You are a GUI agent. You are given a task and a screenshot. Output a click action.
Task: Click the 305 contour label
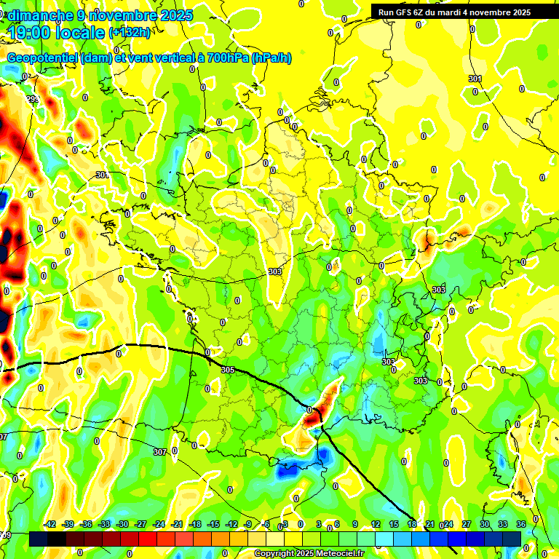(x=228, y=370)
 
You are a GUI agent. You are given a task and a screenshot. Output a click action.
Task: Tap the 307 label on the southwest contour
(x=159, y=452)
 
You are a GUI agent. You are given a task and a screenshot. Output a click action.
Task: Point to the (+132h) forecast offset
(x=130, y=32)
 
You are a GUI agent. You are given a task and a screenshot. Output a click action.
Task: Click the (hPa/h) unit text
(x=271, y=58)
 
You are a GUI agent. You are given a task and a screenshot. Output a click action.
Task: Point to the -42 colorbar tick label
(x=50, y=524)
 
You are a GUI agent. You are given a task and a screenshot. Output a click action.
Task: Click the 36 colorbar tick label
(x=521, y=524)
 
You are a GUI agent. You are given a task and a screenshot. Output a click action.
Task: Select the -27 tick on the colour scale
(x=140, y=524)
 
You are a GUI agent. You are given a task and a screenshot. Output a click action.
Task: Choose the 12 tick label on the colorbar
(x=376, y=524)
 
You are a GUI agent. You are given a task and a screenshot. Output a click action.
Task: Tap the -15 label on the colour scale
(x=213, y=524)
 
